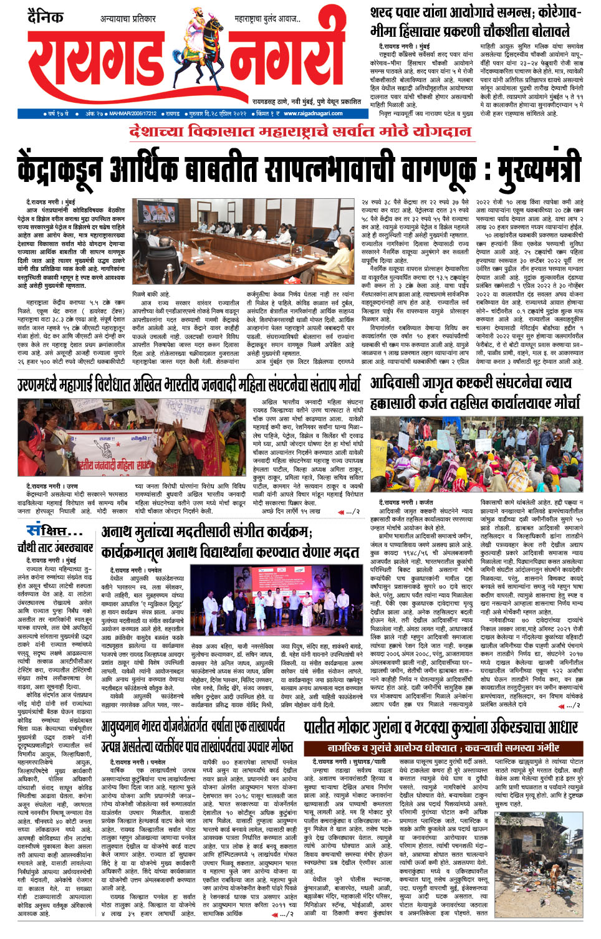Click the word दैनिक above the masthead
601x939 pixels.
(x=46, y=17)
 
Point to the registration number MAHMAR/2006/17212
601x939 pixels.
(x=133, y=113)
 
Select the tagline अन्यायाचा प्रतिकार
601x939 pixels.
(x=128, y=19)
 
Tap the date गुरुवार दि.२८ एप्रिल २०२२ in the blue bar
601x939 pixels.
(x=218, y=113)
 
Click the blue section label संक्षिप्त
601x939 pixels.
(x=54, y=531)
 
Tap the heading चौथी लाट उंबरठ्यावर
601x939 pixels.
(x=55, y=548)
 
